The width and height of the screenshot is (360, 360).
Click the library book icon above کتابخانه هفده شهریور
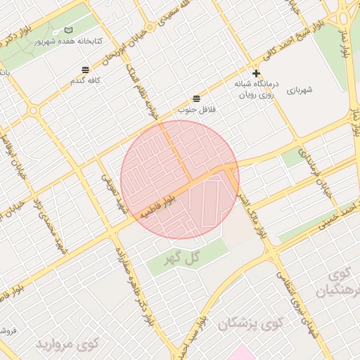68,30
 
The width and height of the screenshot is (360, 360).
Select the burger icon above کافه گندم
85,70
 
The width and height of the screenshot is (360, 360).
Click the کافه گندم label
85,81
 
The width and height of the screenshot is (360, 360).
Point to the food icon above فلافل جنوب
195,98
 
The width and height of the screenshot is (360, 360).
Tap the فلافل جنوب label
195,109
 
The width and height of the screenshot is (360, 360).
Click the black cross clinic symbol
257,73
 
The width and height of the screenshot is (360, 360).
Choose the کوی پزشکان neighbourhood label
250,323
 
